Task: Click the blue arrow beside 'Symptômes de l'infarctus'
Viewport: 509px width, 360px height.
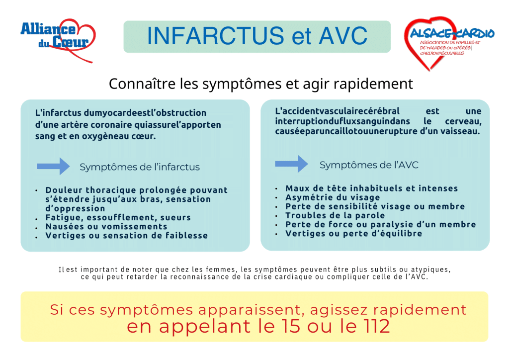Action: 53,166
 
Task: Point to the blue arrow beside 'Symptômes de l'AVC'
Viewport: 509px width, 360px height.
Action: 292,164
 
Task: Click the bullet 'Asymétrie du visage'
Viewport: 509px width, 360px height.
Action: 333,197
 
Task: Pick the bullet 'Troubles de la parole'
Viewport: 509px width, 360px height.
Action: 335,215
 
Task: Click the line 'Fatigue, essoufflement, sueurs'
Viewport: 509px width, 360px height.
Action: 118,218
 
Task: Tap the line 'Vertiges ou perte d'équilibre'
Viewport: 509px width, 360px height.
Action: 353,233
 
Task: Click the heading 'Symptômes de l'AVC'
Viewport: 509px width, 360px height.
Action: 369,165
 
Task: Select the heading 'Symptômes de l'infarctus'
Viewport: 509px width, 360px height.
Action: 140,167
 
